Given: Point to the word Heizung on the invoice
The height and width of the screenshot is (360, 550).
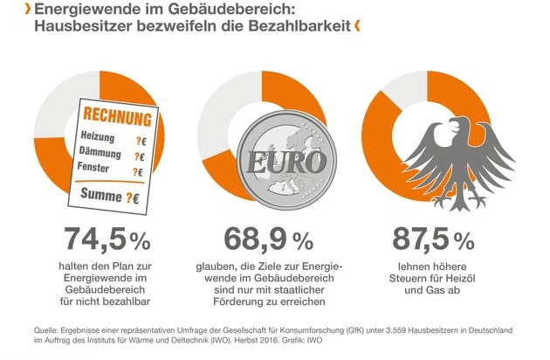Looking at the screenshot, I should pos(96,137).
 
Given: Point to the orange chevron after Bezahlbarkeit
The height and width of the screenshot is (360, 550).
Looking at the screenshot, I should pos(358,27).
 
